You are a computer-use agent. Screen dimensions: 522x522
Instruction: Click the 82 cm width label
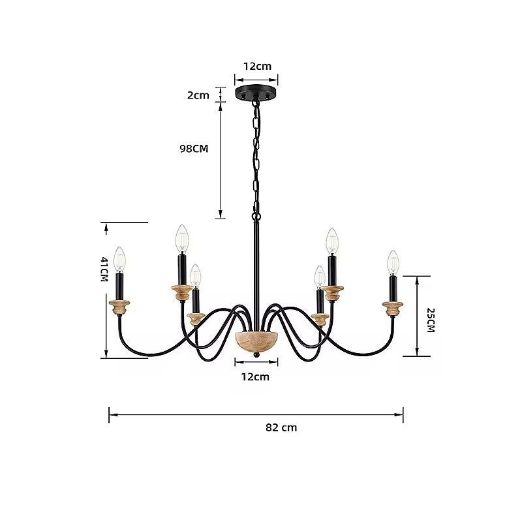click(281, 427)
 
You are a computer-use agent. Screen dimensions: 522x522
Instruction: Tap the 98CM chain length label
click(194, 149)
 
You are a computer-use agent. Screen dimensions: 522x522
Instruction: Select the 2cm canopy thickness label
click(198, 95)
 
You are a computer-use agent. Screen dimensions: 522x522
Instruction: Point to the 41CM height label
click(104, 269)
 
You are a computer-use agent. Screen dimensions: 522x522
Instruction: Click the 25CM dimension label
click(431, 320)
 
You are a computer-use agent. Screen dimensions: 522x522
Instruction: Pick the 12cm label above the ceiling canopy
click(257, 67)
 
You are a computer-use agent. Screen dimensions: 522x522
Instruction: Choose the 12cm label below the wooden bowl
click(255, 377)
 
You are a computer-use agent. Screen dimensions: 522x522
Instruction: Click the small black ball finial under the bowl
click(256, 355)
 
